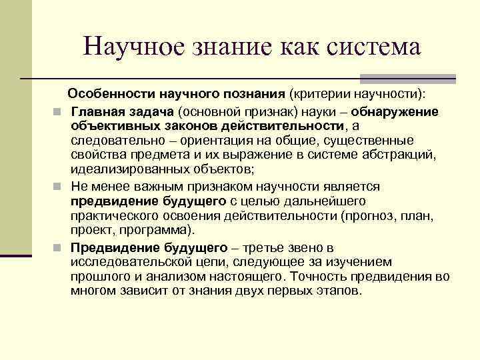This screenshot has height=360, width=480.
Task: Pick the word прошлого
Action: click(98, 276)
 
